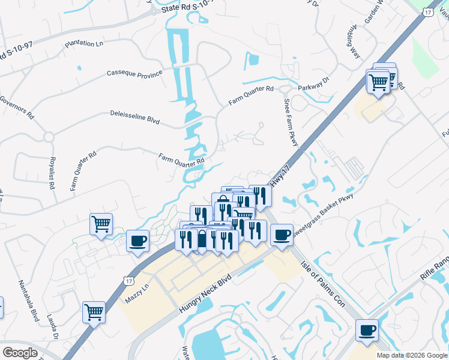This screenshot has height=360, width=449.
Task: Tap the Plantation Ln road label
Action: (x=83, y=44)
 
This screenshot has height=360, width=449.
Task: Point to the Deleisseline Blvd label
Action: (x=134, y=116)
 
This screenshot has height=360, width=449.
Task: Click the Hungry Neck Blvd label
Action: (x=204, y=293)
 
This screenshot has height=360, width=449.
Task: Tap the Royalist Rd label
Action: (x=52, y=172)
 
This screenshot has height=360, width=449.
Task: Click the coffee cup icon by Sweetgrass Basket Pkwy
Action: (x=282, y=234)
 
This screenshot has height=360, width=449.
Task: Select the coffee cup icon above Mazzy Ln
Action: (x=138, y=241)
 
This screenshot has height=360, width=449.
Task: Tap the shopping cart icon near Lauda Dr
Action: (x=94, y=311)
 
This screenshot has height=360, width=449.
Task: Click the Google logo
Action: (x=20, y=353)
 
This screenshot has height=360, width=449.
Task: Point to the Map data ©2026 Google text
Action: (x=412, y=355)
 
